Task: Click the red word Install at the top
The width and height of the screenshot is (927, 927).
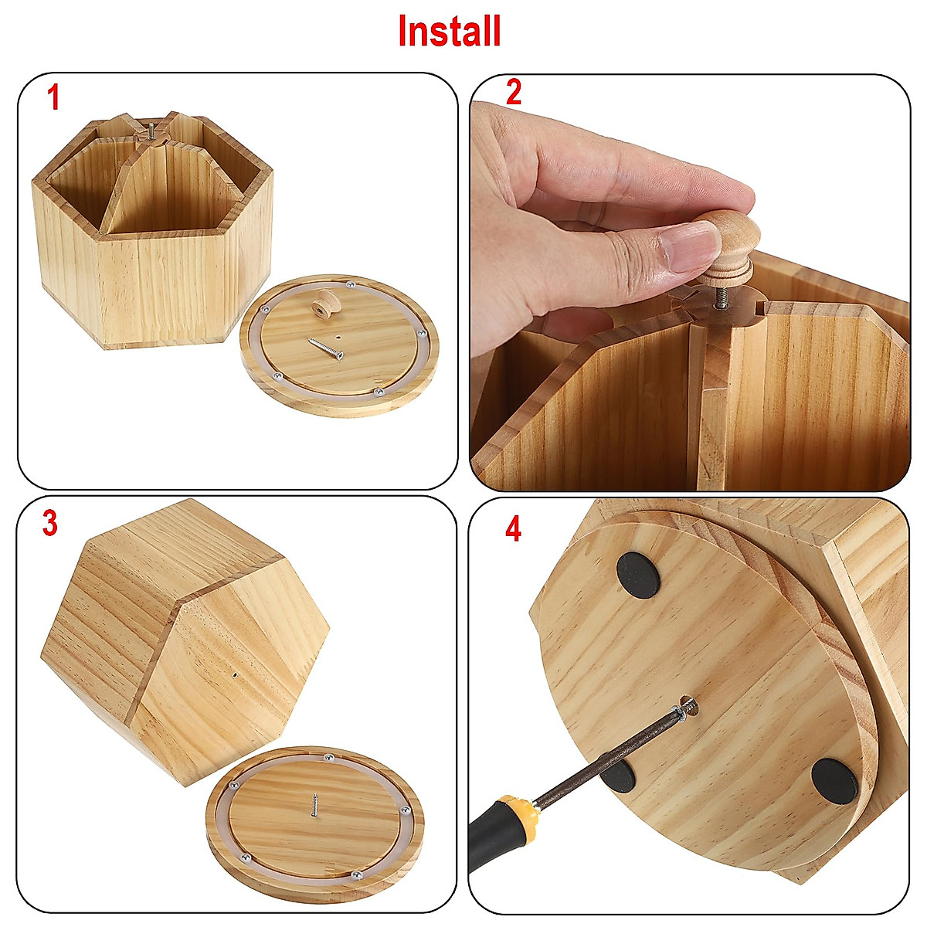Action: click(x=449, y=32)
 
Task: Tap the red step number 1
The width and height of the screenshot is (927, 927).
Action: click(x=53, y=98)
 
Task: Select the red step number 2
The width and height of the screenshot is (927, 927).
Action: click(x=514, y=93)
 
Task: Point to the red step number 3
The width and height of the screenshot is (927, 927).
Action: click(x=50, y=524)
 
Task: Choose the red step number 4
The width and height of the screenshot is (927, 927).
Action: click(x=514, y=530)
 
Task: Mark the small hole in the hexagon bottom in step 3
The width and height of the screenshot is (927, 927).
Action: click(x=234, y=674)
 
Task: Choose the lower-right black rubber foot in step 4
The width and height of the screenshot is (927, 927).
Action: click(x=834, y=779)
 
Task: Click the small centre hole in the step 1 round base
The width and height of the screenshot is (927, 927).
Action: click(x=340, y=337)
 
